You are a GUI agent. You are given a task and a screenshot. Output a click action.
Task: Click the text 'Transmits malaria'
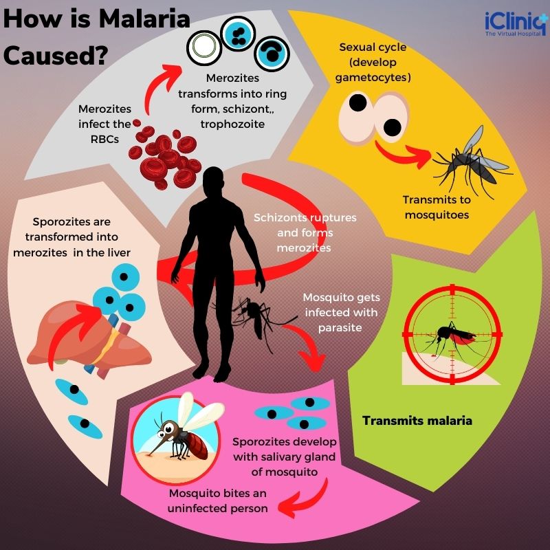pos(417,420)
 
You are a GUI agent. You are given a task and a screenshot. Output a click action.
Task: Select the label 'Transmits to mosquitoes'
pos(437,207)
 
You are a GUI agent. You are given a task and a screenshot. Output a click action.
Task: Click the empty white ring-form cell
pos(203,46)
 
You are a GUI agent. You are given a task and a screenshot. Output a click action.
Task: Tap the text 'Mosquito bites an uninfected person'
pos(217,501)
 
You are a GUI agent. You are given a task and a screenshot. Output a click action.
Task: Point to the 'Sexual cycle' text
pos(373,47)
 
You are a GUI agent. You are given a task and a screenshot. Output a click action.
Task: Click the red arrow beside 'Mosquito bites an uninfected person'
pos(302,502)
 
